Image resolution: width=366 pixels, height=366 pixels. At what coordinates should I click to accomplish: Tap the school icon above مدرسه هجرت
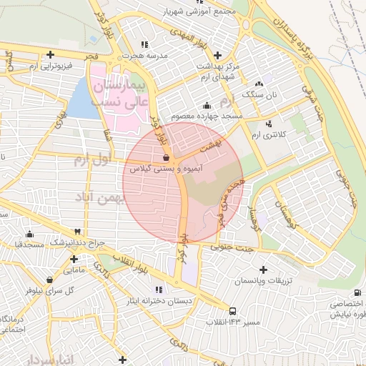(146, 44)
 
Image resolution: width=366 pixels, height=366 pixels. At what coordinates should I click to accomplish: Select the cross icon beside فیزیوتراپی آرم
(49, 54)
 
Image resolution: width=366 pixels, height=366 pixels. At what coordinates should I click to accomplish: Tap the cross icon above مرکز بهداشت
(217, 54)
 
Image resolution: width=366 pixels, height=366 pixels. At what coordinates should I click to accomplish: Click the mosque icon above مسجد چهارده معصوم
(207, 104)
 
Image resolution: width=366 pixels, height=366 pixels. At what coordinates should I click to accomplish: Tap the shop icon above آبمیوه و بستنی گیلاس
(166, 157)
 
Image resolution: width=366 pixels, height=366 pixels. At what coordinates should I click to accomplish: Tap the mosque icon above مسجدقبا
(29, 234)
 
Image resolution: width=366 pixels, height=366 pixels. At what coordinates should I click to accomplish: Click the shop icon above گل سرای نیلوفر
(49, 280)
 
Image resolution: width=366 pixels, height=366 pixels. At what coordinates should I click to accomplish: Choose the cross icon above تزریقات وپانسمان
(264, 270)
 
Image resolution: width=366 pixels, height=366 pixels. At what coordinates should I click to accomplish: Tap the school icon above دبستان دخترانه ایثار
(159, 290)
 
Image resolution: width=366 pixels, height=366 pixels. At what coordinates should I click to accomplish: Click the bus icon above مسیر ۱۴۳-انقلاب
(233, 311)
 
